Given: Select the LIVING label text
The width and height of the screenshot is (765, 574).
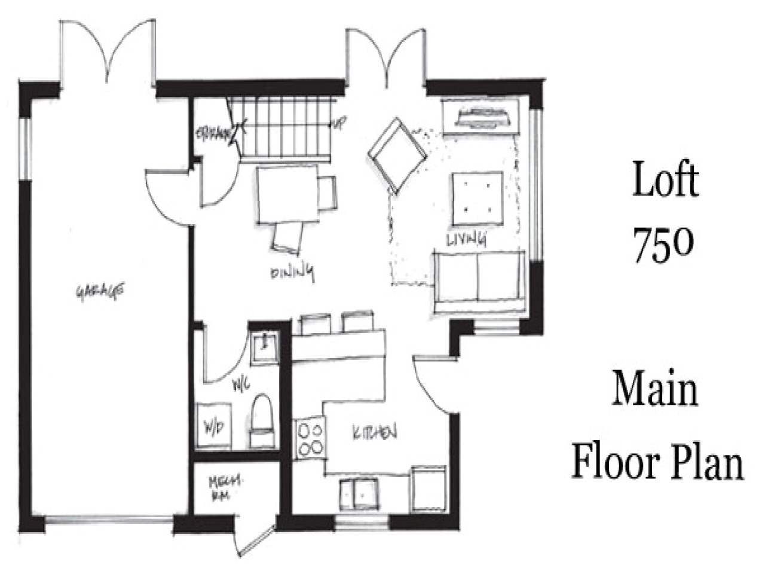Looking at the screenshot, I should coord(466,239).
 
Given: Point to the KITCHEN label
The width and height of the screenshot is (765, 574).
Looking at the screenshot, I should coord(374,432).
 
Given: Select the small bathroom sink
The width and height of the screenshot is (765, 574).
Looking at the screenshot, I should coord(264,347).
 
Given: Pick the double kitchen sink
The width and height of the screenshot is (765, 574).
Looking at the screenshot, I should coord(358,494).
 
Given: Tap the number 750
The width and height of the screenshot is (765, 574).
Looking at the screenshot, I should coord(663,245).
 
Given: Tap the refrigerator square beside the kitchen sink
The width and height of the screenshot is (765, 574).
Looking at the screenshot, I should coord(429,488).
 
